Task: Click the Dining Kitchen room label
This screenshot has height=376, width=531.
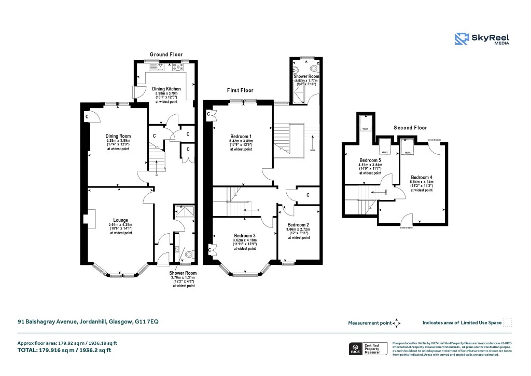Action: (166, 89)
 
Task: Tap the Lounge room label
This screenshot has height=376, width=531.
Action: (121, 220)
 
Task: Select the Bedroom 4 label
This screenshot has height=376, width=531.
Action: (421, 177)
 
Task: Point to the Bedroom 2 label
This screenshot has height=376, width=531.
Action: (298, 225)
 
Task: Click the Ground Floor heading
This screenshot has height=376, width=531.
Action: (166, 55)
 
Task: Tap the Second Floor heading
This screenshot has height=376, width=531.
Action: (410, 127)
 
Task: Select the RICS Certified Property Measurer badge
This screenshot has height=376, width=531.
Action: (366, 348)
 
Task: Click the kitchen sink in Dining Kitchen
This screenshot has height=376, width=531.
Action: (160, 66)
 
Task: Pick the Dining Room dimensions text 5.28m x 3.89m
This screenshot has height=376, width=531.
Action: (118, 140)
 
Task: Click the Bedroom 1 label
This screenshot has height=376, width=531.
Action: (241, 137)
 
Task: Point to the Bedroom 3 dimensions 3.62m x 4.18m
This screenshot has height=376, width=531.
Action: (244, 240)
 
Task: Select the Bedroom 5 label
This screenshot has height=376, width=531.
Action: (370, 160)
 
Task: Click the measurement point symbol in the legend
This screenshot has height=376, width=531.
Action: (396, 323)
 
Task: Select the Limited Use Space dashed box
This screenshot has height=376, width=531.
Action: (508, 322)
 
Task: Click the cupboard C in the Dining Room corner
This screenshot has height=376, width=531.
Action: (87, 117)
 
